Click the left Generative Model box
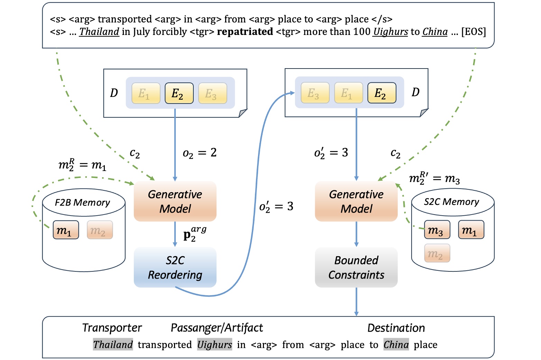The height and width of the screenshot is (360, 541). point(175,201)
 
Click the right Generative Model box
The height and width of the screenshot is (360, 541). point(356,201)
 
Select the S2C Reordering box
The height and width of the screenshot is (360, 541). point(175,267)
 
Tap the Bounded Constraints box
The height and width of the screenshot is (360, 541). point(356,267)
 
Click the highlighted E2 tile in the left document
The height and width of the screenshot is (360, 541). point(179,93)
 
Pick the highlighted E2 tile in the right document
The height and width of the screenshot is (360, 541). point(382,93)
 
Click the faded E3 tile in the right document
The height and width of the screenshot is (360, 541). point(315,93)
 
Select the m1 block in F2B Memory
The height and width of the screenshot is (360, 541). point(66,230)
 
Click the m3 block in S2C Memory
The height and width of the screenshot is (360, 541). point(437,230)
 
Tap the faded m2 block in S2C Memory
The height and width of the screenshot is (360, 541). point(437,253)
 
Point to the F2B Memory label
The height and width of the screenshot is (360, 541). point(82,202)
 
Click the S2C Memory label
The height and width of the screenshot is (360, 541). point(451,202)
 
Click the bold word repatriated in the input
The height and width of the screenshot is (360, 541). point(245,32)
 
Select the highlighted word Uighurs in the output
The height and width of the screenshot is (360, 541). point(214,345)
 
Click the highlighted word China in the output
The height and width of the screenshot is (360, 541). point(396,345)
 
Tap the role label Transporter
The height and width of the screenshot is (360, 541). point(112,328)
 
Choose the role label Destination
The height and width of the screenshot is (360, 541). point(396,328)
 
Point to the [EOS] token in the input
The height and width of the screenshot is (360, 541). point(473,32)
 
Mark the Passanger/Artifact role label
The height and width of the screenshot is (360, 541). point(217,328)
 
